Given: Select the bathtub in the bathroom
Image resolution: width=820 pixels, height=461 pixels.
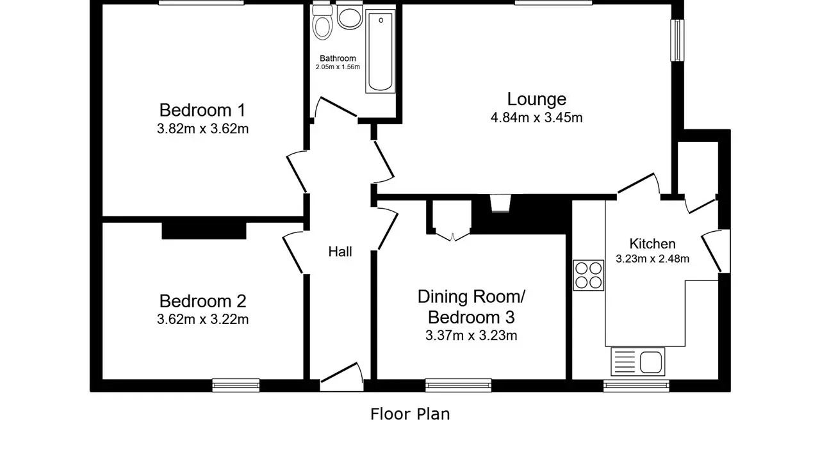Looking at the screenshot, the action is pos(381,51).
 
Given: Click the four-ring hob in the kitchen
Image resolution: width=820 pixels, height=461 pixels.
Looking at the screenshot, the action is pos(588,275).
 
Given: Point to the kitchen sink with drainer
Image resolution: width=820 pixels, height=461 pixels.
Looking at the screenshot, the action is pos(637,362).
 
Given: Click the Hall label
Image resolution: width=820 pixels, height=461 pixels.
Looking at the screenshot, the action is pos(340,252).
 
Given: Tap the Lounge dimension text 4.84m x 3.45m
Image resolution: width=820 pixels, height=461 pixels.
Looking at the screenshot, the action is pos(536,118).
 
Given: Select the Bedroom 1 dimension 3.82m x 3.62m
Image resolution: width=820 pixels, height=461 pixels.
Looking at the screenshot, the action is pos(203,129).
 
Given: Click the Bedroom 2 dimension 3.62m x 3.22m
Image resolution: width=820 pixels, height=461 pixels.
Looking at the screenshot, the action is pos(203,319).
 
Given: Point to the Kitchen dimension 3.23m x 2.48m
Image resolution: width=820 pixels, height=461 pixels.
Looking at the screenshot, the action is pos(652,259).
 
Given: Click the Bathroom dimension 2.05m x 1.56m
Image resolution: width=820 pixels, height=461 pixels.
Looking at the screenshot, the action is pos(338,67).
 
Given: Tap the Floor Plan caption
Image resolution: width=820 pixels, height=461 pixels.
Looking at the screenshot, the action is pos(410,414).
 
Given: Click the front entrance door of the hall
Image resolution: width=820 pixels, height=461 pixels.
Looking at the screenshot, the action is pos(342,378).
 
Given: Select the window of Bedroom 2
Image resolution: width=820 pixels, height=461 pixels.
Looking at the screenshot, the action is pos(236,385).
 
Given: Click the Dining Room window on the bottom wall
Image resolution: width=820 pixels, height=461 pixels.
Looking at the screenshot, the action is pos(458,385).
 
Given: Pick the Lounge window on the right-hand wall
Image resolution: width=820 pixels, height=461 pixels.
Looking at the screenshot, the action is pos(677,40).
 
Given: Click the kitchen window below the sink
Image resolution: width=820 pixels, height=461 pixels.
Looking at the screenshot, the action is pos(636,386).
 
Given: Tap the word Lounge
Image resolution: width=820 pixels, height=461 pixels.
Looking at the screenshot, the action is pos(537,99).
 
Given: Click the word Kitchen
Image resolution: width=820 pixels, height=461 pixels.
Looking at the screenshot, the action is pos(652,244).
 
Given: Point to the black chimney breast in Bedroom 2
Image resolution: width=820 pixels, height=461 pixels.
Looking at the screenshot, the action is pos(204,231).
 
